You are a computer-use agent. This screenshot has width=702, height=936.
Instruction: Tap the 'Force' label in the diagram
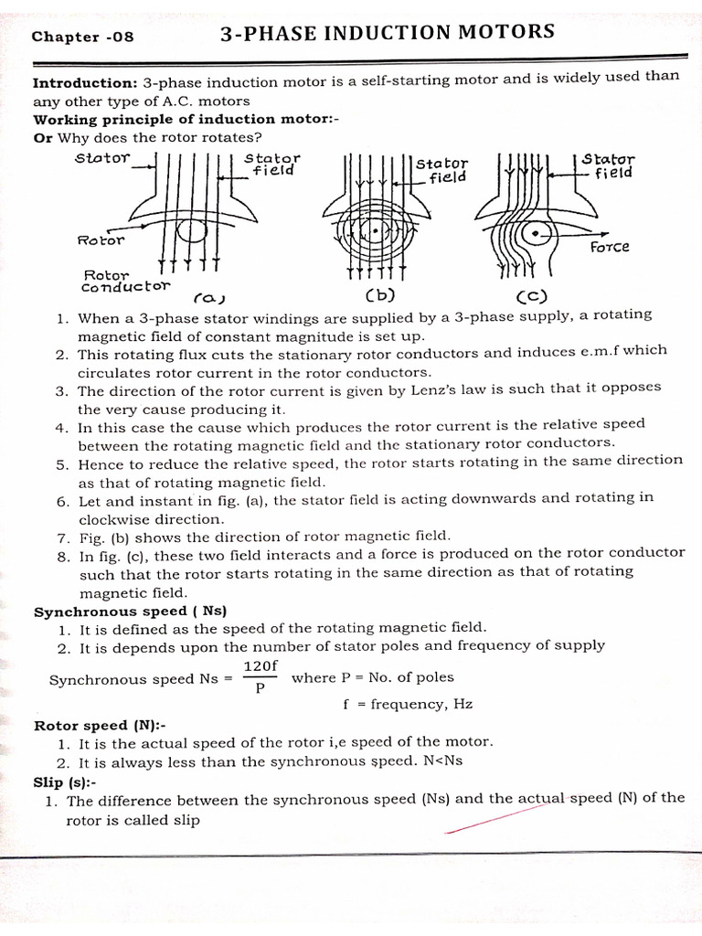610,247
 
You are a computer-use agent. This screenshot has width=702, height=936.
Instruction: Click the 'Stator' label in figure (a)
103,157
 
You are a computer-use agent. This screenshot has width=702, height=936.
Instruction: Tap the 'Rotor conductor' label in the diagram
125,280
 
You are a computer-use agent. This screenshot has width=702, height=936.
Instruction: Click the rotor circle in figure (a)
191,230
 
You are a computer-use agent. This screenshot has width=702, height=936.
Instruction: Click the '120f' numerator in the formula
260,666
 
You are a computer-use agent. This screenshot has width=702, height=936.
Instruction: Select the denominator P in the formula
260,689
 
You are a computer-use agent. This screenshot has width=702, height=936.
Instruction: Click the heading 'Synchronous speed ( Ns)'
130,611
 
